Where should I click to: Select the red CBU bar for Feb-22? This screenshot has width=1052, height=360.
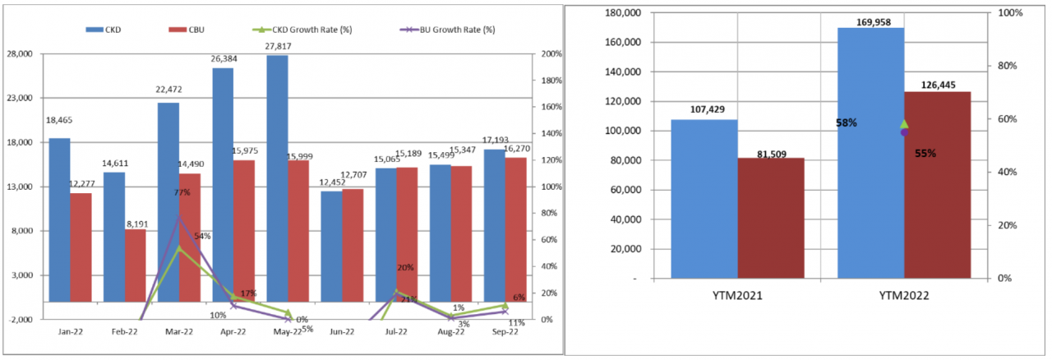(135, 275)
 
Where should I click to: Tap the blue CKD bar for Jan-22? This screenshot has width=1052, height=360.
(59, 230)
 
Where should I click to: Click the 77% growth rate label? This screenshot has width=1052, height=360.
(182, 192)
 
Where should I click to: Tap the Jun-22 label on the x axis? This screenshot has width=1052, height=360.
(342, 332)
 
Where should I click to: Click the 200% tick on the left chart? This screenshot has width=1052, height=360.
(551, 54)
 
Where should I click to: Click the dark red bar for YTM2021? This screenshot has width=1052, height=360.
(770, 218)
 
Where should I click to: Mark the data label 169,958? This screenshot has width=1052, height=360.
(870, 21)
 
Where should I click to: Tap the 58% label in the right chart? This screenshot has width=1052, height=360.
(846, 123)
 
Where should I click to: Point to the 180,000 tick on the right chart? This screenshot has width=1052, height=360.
(623, 13)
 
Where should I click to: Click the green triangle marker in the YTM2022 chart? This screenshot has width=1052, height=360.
(904, 123)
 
